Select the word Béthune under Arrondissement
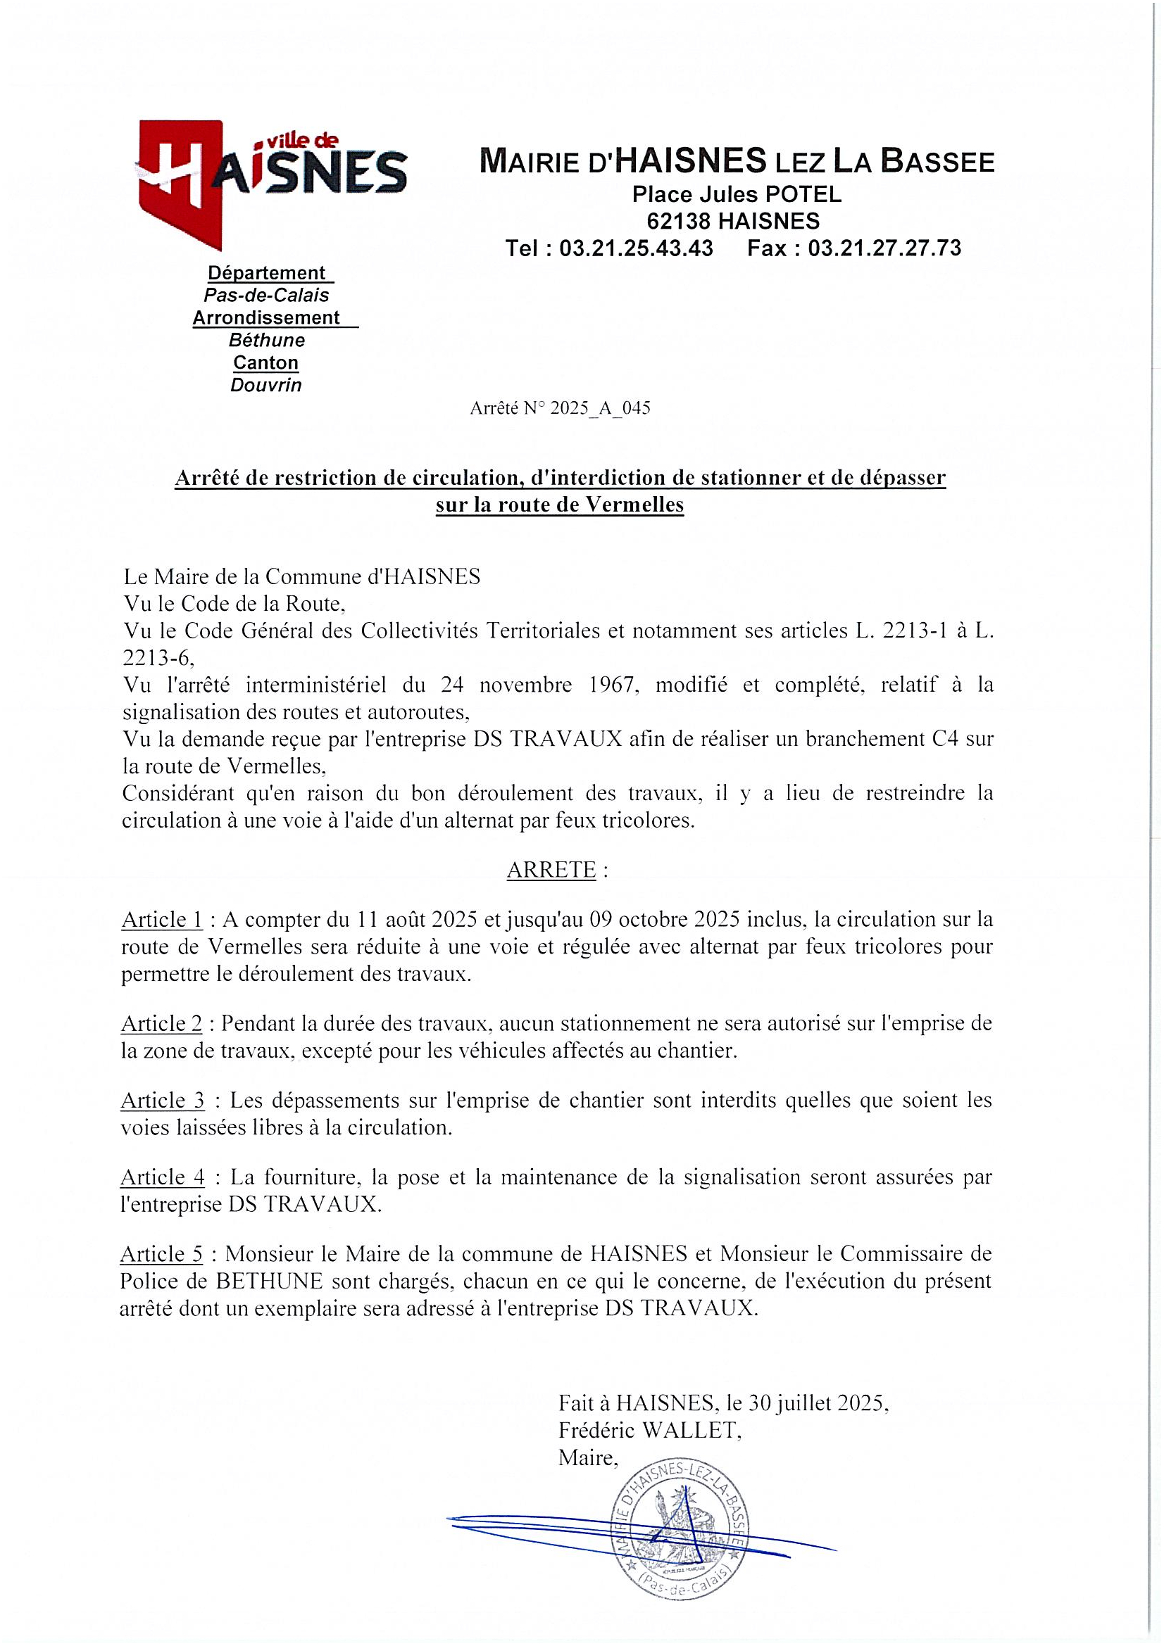point(267,340)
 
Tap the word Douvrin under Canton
point(265,386)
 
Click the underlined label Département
point(266,273)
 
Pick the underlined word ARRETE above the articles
point(551,870)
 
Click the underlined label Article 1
point(162,919)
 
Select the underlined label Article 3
point(162,1101)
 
